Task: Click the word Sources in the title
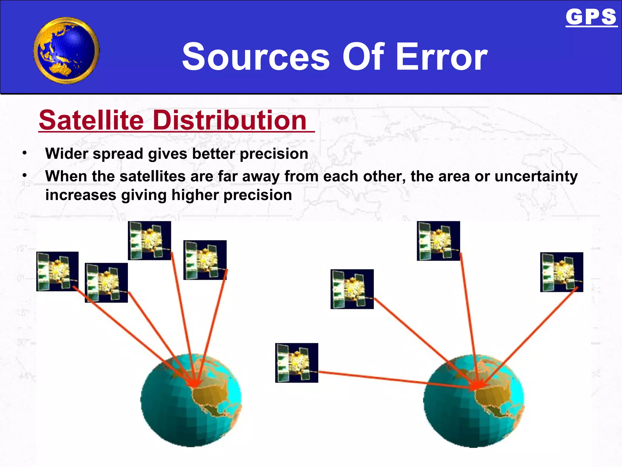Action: tap(256, 57)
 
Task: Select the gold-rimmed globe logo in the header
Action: tap(67, 50)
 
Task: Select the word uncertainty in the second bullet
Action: tap(536, 176)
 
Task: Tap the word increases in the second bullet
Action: tap(80, 195)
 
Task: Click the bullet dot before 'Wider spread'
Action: tap(25, 153)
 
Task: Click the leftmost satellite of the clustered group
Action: tap(57, 271)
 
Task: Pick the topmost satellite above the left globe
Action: tap(149, 240)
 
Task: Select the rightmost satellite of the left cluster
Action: tap(205, 260)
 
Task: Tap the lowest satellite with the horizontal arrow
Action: tap(297, 363)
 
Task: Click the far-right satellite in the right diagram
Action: tap(562, 272)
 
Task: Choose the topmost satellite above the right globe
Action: tap(438, 241)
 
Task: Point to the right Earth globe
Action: tap(473, 401)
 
